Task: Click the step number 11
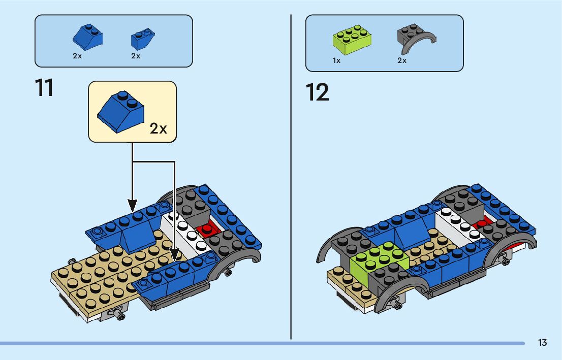[x=44, y=87]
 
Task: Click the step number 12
[x=317, y=92]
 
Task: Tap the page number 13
[x=542, y=343]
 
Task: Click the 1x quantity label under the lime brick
[x=336, y=60]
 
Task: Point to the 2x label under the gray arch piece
[x=402, y=60]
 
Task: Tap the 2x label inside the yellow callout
[x=158, y=128]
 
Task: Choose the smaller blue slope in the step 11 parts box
[x=142, y=39]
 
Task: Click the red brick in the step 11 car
[x=207, y=230]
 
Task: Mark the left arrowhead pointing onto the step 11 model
[x=132, y=206]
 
